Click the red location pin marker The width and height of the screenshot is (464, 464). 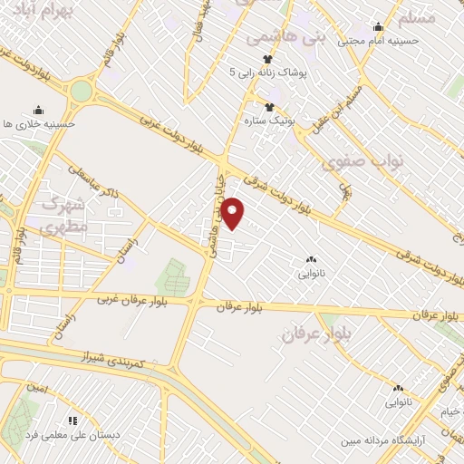(235, 214)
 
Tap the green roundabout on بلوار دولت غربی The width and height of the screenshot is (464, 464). (82, 92)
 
